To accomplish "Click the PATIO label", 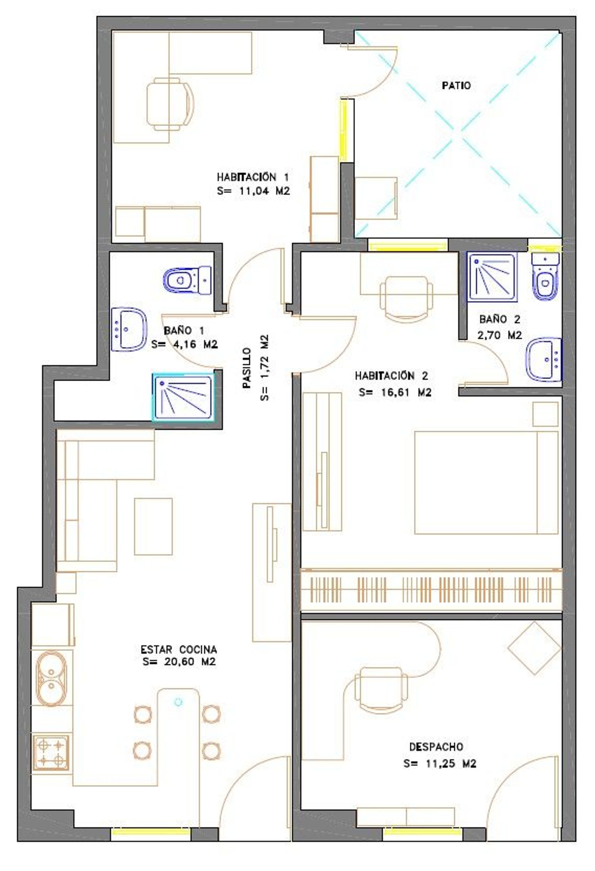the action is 456,85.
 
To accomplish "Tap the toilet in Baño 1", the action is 187,280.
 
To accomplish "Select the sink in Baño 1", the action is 129,329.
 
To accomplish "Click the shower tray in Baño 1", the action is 183,397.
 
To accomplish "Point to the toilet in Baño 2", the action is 545,276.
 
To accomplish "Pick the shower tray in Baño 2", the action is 492,276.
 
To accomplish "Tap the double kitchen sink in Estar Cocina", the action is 52,679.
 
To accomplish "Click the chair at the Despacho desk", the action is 381,690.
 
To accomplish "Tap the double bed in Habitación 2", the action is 486,483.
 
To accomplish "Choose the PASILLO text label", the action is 247,368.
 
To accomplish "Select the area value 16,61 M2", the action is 395,392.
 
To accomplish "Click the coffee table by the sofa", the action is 153,527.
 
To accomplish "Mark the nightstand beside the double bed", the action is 545,414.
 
